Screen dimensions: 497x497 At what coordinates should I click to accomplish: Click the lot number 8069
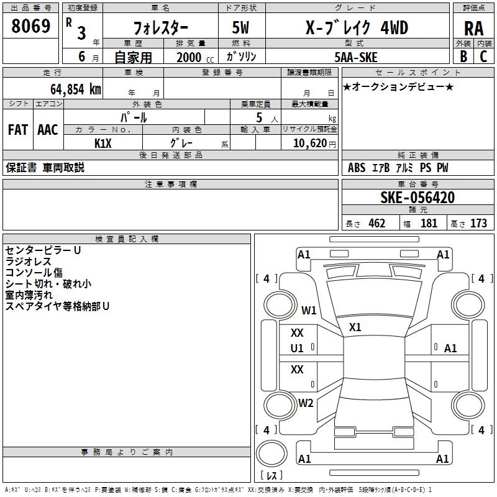[31, 26]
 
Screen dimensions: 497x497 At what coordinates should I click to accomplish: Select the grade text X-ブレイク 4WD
[357, 28]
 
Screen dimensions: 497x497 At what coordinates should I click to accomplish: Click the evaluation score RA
[473, 28]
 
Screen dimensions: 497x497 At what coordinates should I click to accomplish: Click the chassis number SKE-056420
[417, 198]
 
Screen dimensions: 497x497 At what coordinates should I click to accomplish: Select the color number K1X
[103, 143]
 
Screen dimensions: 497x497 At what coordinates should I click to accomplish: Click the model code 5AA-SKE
[356, 57]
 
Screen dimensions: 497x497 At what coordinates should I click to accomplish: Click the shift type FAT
[17, 130]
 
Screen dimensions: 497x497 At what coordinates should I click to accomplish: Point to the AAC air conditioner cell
[48, 130]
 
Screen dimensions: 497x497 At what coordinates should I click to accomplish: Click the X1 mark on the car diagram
[355, 327]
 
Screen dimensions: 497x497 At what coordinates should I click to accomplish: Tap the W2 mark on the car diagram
[306, 403]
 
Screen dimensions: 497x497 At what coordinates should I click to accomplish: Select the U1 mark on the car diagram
[298, 349]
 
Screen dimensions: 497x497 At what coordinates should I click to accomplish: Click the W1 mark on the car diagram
[309, 310]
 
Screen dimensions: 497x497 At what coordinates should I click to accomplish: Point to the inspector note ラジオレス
[28, 262]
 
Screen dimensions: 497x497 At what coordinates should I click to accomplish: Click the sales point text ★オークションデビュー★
[398, 86]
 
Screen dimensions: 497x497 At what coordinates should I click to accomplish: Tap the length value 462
[376, 224]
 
